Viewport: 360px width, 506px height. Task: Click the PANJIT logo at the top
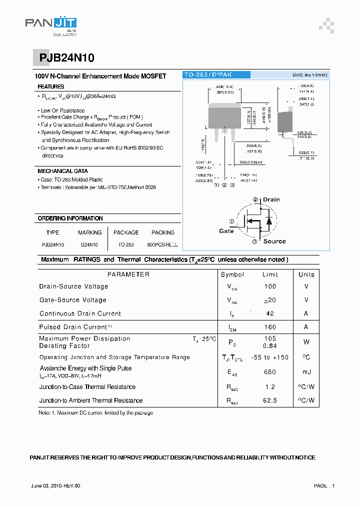tap(51, 24)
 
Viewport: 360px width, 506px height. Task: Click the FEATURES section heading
tap(51, 87)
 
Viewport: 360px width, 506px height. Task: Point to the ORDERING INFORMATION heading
tap(70, 218)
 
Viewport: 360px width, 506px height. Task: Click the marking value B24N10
tap(89, 245)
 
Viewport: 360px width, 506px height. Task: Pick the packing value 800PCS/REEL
tap(163, 245)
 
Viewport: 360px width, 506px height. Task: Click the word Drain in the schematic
tap(271, 199)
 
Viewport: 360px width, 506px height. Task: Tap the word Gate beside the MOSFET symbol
tap(226, 231)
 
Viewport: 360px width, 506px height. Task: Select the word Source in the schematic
tap(274, 241)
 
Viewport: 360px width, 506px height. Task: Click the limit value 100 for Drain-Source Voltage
tap(270, 286)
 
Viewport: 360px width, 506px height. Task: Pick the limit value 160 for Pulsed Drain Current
tap(270, 327)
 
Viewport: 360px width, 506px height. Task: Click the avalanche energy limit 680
tap(270, 371)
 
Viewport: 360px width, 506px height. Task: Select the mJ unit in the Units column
tap(306, 371)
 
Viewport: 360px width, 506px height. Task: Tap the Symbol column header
tap(232, 274)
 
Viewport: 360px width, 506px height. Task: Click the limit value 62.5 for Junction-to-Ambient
tap(270, 400)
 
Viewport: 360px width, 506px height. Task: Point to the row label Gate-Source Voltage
tap(73, 300)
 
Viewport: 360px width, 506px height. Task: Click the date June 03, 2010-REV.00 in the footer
tap(55, 485)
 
